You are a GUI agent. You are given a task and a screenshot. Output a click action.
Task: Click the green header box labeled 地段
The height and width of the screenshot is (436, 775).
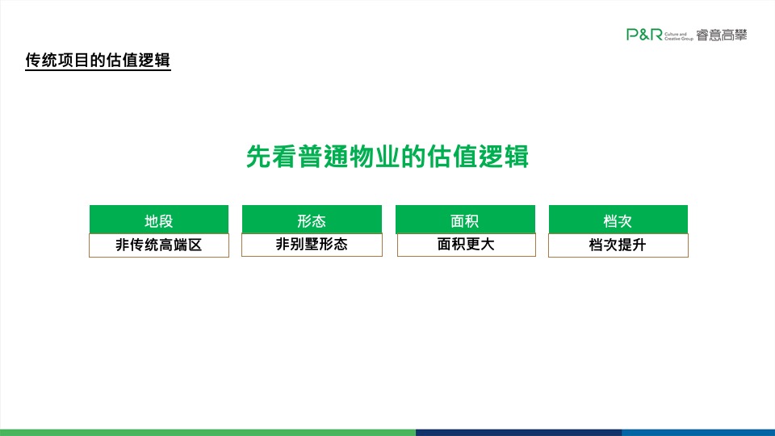(158, 220)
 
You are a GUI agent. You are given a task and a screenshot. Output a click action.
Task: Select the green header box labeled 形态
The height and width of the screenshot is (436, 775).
(312, 220)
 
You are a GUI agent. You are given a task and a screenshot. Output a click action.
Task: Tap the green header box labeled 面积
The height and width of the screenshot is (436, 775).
(465, 220)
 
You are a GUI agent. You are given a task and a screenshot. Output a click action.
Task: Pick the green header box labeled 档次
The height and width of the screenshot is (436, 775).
(618, 220)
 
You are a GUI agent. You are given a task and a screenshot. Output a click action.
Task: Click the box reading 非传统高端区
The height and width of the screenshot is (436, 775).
(158, 245)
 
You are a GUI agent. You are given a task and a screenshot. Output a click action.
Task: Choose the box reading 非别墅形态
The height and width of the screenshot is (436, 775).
(312, 244)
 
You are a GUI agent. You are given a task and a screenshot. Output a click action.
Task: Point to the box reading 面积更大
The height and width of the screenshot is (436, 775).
(465, 244)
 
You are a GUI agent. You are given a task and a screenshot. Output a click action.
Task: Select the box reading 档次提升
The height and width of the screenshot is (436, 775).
(618, 245)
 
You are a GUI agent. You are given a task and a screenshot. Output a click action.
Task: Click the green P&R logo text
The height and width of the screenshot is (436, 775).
(644, 34)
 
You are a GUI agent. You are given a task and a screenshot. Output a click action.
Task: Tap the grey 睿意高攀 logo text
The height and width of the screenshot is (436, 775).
(722, 34)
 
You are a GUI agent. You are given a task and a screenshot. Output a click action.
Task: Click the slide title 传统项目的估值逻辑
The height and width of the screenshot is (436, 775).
(98, 61)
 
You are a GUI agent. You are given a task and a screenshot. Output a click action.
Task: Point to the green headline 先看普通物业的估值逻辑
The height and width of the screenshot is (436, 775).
(387, 157)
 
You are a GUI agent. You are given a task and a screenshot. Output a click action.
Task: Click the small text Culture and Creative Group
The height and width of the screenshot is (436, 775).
(677, 35)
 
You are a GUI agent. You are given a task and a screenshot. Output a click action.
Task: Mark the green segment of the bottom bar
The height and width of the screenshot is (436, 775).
(207, 432)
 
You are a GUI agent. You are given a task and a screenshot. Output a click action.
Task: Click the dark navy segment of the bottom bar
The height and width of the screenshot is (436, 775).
(518, 432)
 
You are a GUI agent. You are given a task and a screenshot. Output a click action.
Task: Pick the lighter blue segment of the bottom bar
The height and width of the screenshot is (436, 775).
(698, 432)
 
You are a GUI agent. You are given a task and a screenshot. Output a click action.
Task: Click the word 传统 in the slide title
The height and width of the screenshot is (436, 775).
(42, 61)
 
